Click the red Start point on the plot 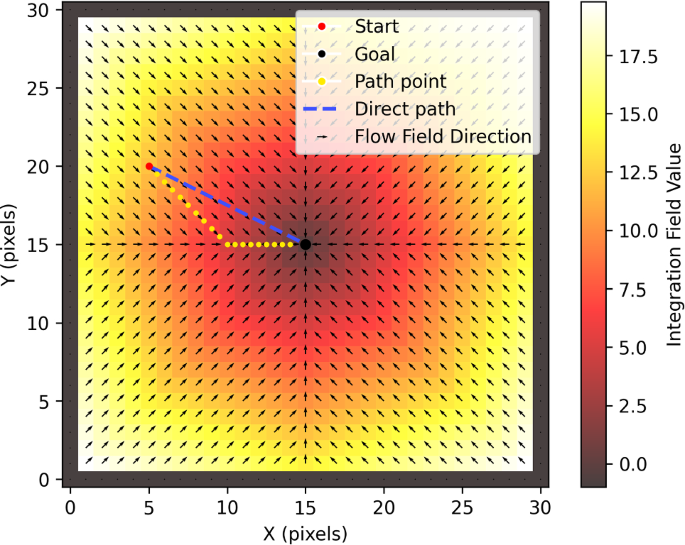coord(149,166)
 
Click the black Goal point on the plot coord(305,244)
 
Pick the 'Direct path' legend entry coord(403,108)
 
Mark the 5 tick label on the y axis coord(44,401)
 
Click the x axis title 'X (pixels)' coord(305,532)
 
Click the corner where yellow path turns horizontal coord(227,244)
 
